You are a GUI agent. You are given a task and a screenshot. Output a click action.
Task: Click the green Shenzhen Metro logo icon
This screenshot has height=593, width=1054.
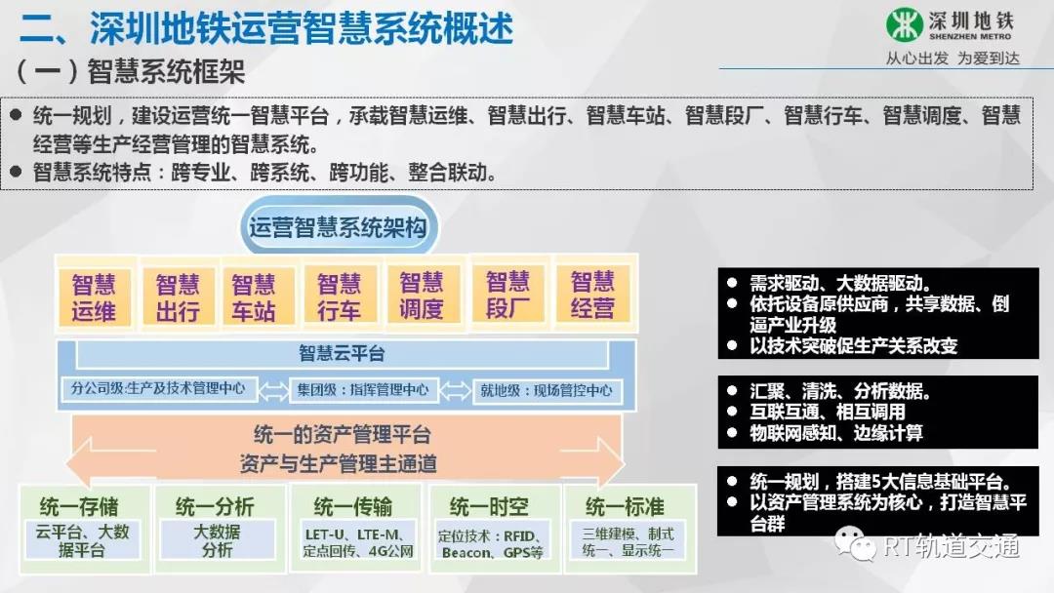[904, 24]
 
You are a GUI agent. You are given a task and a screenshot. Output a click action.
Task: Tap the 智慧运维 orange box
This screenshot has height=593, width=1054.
[94, 296]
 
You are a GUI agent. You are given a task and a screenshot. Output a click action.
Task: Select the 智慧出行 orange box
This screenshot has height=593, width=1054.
[179, 296]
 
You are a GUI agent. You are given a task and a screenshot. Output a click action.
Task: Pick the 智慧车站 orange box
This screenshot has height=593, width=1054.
[254, 296]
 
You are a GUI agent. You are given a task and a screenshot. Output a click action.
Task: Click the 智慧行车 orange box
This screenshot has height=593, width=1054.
[340, 296]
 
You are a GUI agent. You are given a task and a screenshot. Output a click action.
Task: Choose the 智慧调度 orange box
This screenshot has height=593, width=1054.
[423, 295]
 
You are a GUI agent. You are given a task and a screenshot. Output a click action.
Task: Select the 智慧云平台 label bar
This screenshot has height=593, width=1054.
[342, 354]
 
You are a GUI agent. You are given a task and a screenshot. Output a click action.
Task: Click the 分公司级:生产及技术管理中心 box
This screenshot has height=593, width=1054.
[159, 389]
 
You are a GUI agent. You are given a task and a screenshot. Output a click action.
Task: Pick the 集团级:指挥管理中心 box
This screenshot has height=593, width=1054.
[363, 390]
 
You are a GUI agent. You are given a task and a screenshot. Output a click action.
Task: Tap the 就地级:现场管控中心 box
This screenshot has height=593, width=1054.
[547, 391]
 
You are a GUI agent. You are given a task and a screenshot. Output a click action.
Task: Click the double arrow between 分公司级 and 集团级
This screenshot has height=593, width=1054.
[273, 390]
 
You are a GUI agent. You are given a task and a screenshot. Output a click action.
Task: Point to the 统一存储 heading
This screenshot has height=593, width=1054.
[79, 505]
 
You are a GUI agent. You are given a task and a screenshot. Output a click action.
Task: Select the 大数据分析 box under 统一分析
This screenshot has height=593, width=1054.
[217, 540]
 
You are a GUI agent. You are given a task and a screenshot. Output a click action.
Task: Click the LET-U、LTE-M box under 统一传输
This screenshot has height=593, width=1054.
[357, 542]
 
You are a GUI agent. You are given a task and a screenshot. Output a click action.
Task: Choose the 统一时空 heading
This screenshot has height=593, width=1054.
[489, 506]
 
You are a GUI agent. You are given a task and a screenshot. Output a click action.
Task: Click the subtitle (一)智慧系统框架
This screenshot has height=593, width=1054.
[131, 71]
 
